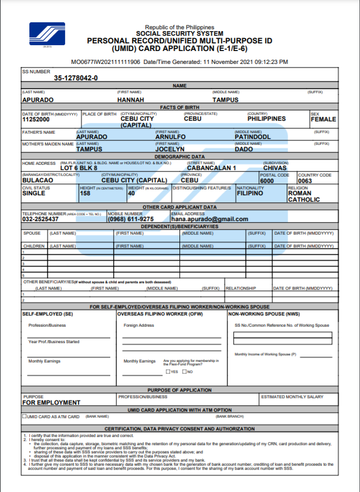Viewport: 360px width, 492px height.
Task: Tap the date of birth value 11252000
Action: click(36, 119)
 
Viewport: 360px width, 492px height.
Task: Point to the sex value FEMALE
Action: click(323, 119)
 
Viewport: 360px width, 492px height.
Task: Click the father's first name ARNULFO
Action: click(171, 137)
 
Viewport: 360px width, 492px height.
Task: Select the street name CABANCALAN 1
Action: click(211, 168)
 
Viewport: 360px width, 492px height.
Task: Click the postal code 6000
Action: click(267, 181)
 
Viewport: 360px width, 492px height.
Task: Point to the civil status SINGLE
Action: click(34, 193)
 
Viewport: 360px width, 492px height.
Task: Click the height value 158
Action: click(85, 193)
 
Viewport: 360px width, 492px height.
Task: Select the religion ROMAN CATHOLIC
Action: click(304, 196)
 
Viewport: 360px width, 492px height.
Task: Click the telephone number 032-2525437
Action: click(40, 219)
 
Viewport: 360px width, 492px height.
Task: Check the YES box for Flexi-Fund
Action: click(168, 371)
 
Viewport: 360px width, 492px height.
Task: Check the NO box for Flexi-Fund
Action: click(184, 371)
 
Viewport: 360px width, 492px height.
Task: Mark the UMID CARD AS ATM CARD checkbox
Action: click(25, 416)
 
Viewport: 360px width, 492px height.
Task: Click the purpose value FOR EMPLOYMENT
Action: click(51, 402)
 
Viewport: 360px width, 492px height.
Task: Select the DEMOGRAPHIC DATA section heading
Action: click(180, 157)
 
